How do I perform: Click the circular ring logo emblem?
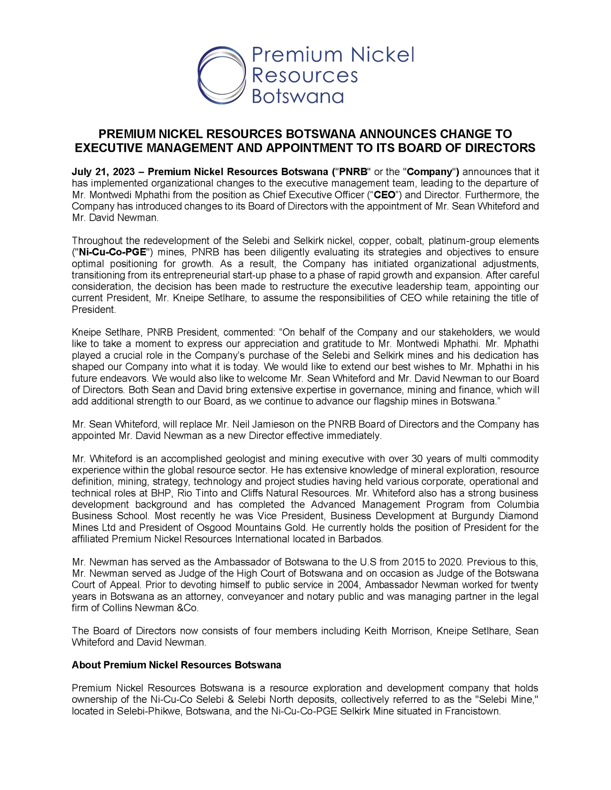pos(221,75)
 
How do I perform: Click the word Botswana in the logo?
pos(297,96)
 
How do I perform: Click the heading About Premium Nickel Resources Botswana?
pos(176,665)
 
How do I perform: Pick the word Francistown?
pos(472,711)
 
